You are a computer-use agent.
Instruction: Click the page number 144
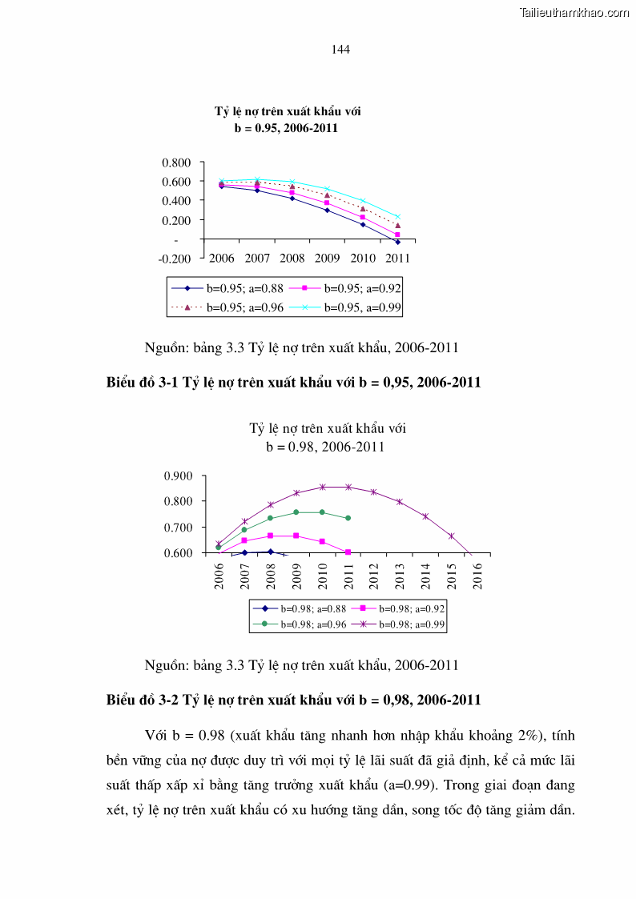click(340, 50)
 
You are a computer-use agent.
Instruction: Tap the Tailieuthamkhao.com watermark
click(574, 12)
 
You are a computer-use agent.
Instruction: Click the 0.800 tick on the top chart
click(176, 163)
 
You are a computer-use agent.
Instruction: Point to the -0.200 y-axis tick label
click(176, 259)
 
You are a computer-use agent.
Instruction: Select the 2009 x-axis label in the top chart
click(327, 259)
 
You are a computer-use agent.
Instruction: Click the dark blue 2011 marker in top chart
click(397, 242)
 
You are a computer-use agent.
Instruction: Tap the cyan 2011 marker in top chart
click(397, 217)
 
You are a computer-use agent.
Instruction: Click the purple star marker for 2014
click(425, 516)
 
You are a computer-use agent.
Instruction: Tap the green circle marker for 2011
click(348, 518)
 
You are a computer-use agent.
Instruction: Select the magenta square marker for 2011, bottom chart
click(348, 552)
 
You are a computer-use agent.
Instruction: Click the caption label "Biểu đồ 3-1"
click(143, 383)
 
